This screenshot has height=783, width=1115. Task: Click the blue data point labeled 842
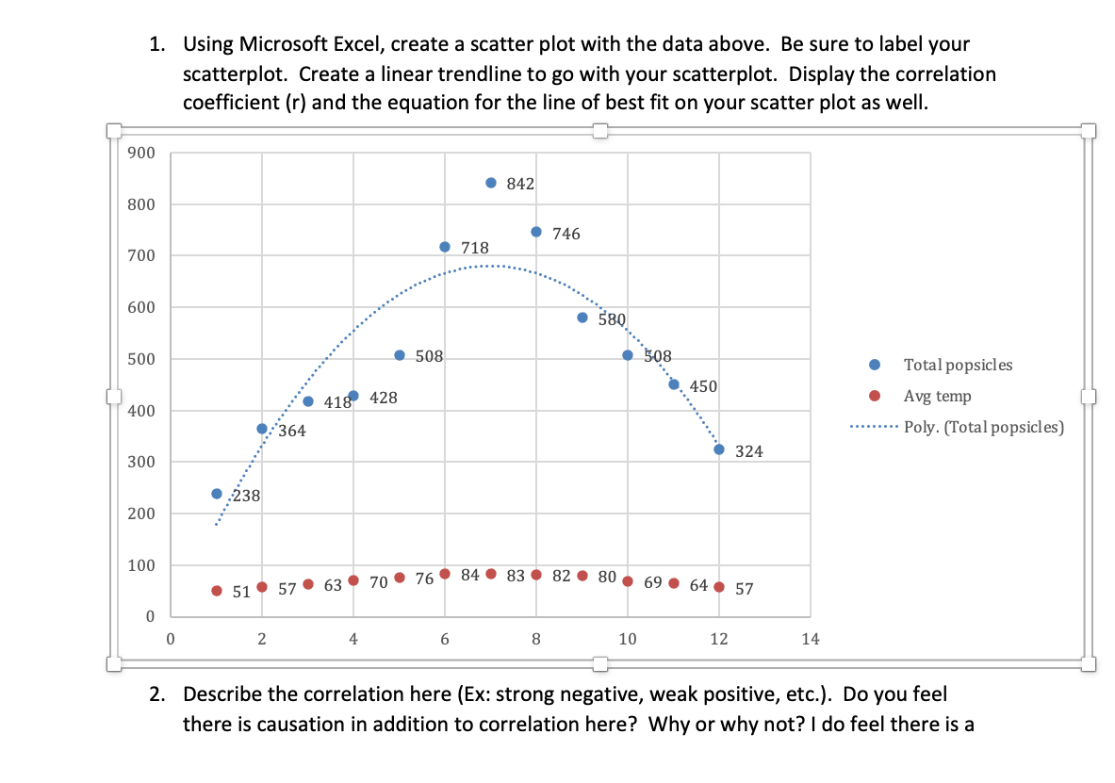click(x=490, y=183)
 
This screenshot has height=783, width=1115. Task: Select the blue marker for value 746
click(x=536, y=232)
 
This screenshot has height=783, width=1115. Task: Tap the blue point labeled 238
click(x=217, y=494)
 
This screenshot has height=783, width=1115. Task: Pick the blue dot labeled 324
click(x=719, y=449)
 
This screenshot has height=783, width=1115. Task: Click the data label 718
click(x=475, y=248)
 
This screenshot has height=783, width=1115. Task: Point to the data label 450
click(x=703, y=386)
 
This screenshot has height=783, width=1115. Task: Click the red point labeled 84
click(x=445, y=574)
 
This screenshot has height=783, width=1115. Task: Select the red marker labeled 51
click(x=217, y=591)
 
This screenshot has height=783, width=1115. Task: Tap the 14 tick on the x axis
click(x=811, y=639)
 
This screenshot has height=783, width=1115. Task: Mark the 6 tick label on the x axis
click(x=445, y=639)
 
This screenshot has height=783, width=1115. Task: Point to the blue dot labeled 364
click(x=262, y=429)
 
